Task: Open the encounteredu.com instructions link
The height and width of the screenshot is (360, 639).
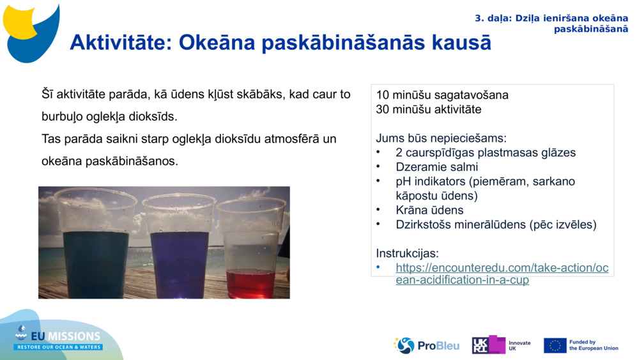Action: pyautogui.click(x=502, y=274)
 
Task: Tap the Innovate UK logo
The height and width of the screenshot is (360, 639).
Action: pyautogui.click(x=501, y=345)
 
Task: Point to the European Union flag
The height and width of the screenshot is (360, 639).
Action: pyautogui.click(x=555, y=345)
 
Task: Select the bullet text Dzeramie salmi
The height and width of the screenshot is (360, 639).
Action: pyautogui.click(x=436, y=167)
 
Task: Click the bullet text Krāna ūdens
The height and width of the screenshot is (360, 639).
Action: pyautogui.click(x=429, y=210)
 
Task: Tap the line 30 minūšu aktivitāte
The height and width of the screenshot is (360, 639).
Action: pyautogui.click(x=429, y=109)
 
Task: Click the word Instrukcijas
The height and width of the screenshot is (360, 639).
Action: pyautogui.click(x=407, y=253)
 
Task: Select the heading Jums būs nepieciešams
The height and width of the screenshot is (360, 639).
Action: pyautogui.click(x=441, y=138)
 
